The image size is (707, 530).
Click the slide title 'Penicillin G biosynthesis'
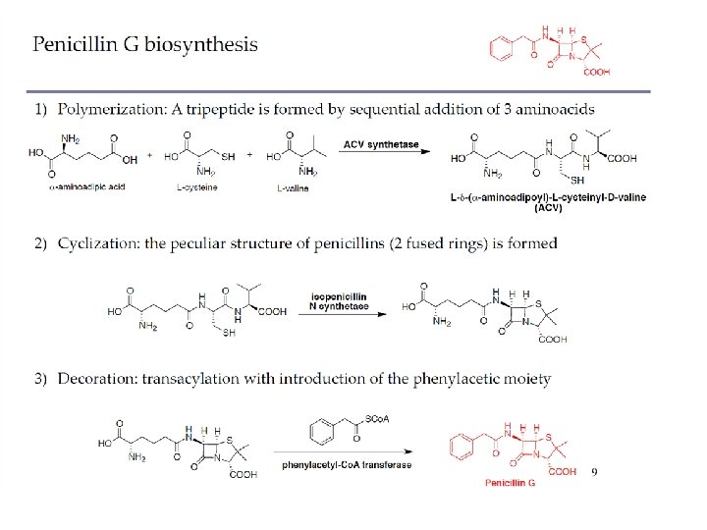[145, 44]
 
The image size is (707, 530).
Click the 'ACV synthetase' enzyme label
[381, 144]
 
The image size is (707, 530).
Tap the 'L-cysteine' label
[195, 186]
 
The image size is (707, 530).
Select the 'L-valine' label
[292, 186]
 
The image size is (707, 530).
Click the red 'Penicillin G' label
[511, 484]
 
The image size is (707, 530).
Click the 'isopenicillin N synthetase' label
[339, 300]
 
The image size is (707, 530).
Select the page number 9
[594, 472]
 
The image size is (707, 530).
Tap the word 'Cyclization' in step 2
[97, 242]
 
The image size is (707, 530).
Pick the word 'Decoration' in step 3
[96, 379]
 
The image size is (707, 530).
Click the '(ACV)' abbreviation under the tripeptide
[547, 207]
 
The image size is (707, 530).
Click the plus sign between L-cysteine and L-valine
[250, 155]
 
